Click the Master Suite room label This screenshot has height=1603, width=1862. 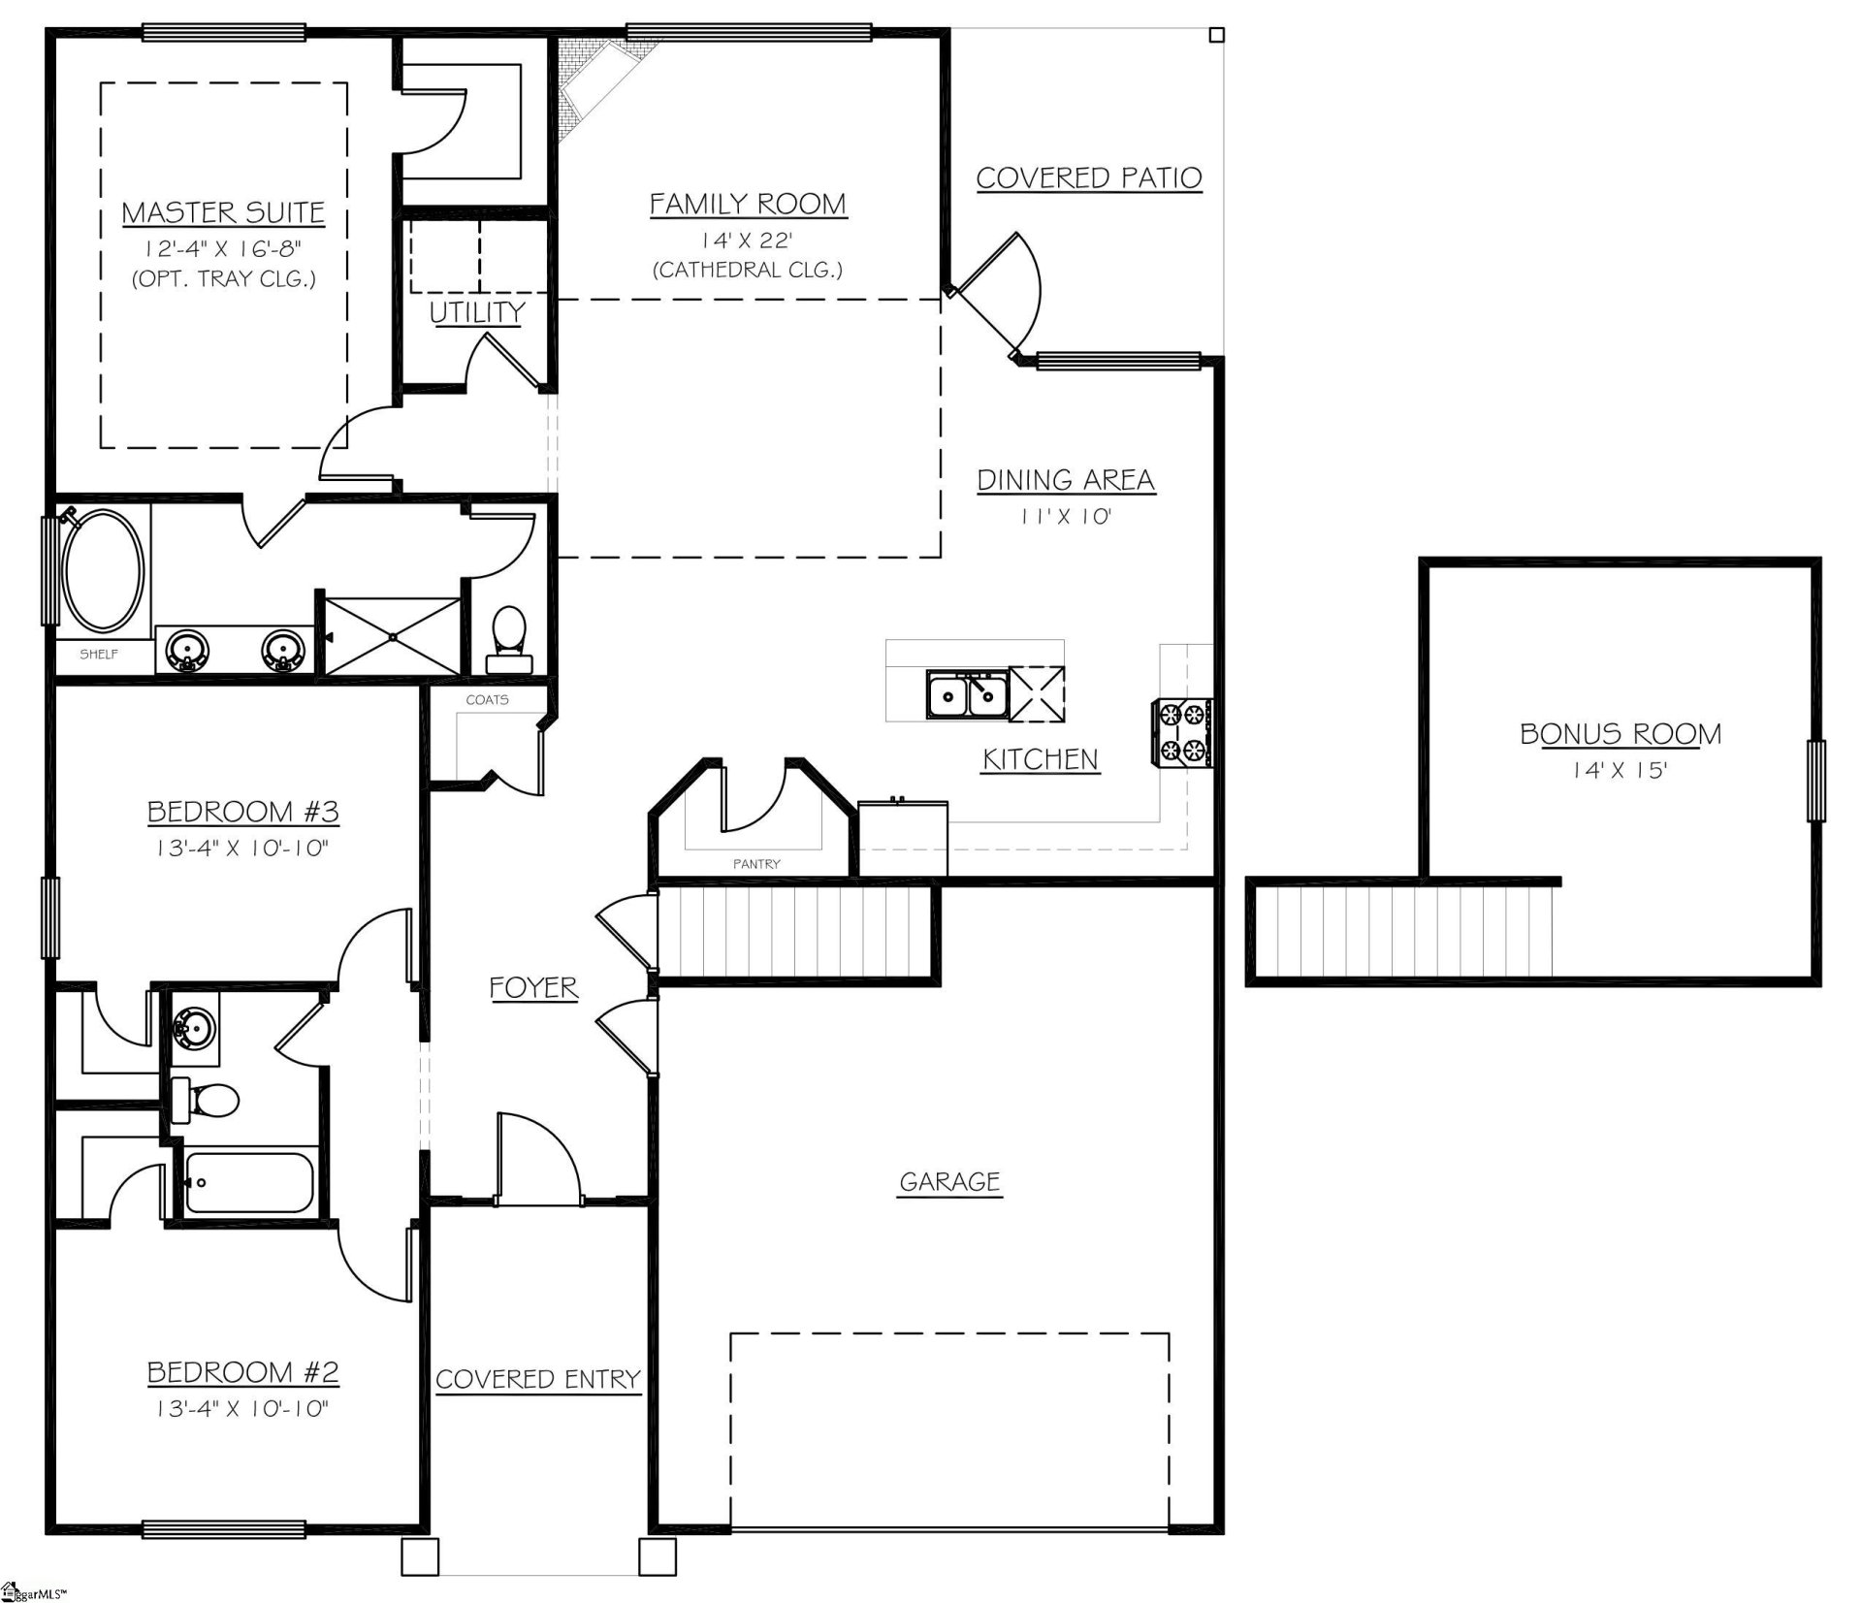click(x=223, y=212)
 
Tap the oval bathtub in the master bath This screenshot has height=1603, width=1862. click(x=103, y=569)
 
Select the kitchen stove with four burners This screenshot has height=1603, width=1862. click(x=1181, y=732)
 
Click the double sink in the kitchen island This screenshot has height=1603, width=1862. click(x=967, y=695)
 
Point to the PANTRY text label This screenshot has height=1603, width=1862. click(x=756, y=863)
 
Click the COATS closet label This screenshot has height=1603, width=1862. click(x=487, y=699)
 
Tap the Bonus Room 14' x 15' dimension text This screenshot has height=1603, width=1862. click(x=1620, y=771)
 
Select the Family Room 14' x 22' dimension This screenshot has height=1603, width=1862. click(x=748, y=240)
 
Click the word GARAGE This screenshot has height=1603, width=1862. click(x=949, y=1181)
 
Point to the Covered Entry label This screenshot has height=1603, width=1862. click(x=538, y=1379)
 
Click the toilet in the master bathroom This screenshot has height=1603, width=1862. click(x=509, y=640)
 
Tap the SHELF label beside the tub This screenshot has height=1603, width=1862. click(x=99, y=654)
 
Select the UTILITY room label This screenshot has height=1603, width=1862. click(x=476, y=312)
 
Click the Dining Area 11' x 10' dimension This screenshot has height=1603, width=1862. click(x=1065, y=516)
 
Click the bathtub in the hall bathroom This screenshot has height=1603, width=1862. click(x=250, y=1181)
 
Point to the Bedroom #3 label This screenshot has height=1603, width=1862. click(x=242, y=811)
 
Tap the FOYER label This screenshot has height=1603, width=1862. click(x=533, y=987)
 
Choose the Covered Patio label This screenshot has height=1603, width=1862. click(x=1088, y=178)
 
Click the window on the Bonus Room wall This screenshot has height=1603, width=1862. click(x=1814, y=781)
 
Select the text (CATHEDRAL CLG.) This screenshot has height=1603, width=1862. click(x=748, y=270)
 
